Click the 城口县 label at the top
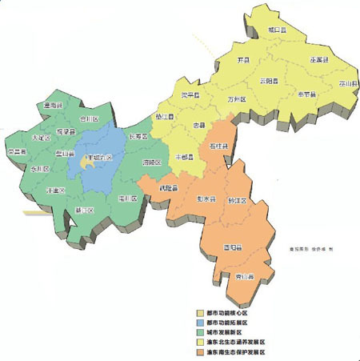[277, 30]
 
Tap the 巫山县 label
[346, 82]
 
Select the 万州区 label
[236, 100]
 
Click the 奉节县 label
[307, 94]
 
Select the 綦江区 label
[84, 211]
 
